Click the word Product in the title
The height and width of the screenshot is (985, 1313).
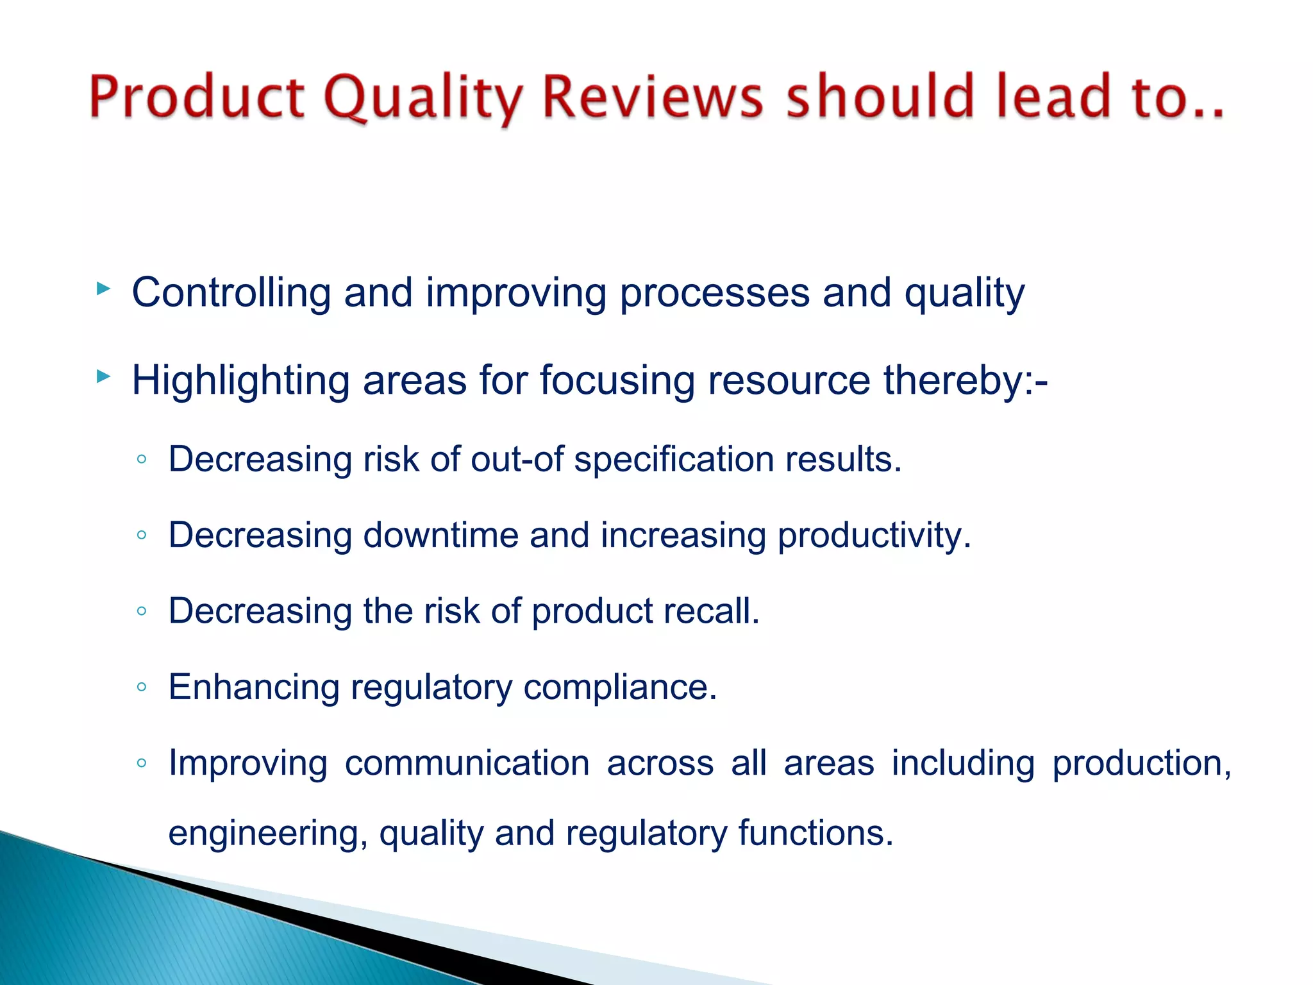tap(196, 97)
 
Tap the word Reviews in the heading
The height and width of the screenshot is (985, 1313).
tap(653, 97)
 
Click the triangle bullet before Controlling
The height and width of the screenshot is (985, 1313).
tap(103, 289)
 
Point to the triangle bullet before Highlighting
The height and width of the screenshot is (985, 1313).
tap(103, 376)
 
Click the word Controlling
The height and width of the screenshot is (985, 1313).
tap(231, 293)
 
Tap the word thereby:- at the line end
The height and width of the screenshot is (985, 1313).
tap(966, 381)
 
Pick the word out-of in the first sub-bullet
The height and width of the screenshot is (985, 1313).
tap(517, 460)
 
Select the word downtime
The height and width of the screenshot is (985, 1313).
tap(441, 535)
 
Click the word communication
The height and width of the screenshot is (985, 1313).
tap(467, 764)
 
